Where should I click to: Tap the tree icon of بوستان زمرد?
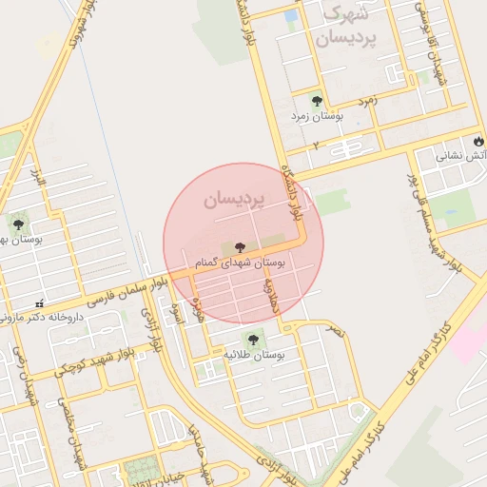[x=317, y=100]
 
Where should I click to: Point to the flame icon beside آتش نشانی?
[x=477, y=141]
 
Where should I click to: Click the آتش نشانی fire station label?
[x=460, y=155]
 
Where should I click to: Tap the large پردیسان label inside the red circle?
[x=230, y=201]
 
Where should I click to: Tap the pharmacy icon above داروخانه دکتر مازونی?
[x=39, y=303]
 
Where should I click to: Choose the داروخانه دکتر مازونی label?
[x=45, y=316]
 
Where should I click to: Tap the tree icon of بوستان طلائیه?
[x=254, y=338]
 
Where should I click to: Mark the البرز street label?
[x=37, y=177]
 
